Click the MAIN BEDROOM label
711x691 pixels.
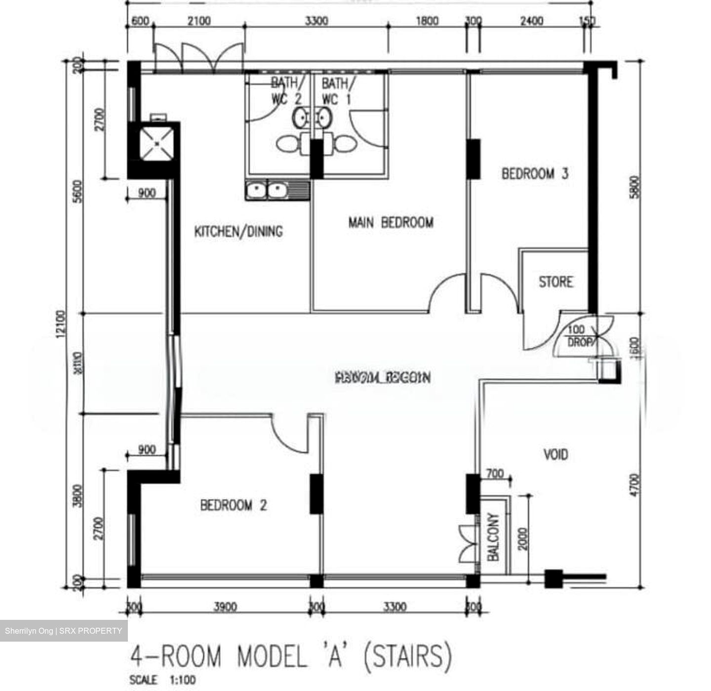click(x=391, y=223)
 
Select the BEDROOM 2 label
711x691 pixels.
click(x=234, y=505)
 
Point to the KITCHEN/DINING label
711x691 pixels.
click(x=238, y=231)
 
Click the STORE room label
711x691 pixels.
click(x=556, y=282)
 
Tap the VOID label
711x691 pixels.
click(x=555, y=454)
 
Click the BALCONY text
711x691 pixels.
click(x=493, y=536)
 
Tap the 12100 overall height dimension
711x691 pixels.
click(x=61, y=324)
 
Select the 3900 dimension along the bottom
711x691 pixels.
click(x=225, y=607)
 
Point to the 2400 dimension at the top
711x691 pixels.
click(x=532, y=21)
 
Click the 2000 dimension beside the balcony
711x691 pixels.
click(x=523, y=538)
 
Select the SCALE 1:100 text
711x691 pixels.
click(x=162, y=680)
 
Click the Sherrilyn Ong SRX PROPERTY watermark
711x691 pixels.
click(x=64, y=631)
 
